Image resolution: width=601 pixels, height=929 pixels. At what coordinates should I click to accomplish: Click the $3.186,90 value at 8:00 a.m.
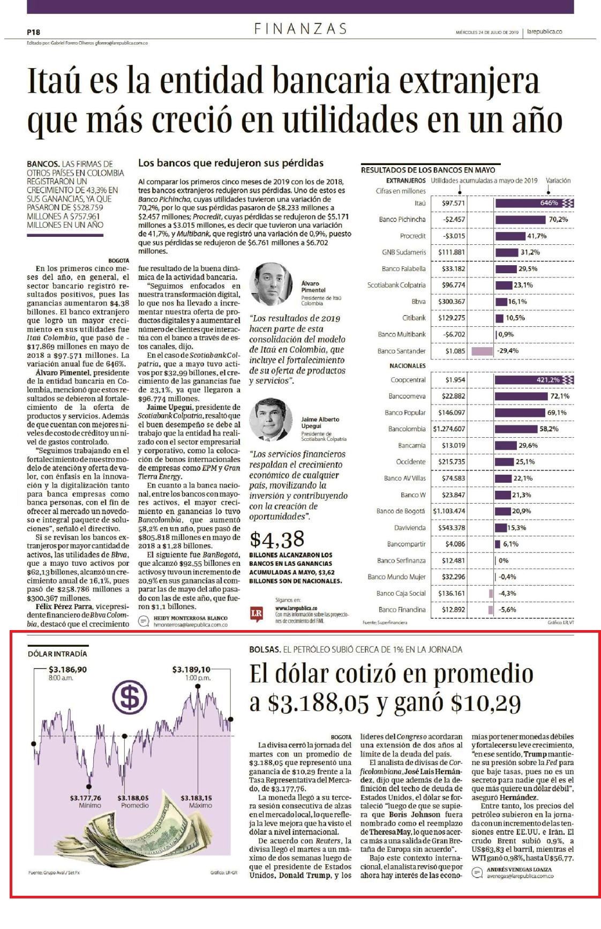[67, 669]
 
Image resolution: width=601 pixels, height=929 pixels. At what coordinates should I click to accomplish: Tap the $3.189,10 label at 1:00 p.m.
[191, 669]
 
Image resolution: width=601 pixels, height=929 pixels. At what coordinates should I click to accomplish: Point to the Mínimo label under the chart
[89, 805]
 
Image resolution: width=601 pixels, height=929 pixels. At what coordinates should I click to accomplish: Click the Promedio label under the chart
[134, 805]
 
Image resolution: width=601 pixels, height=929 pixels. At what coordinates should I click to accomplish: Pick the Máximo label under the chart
[200, 805]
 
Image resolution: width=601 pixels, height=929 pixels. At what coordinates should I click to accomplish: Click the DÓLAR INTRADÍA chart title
[57, 654]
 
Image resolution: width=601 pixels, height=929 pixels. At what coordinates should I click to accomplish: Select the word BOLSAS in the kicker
[265, 649]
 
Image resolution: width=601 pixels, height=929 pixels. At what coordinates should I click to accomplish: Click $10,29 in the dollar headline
[486, 703]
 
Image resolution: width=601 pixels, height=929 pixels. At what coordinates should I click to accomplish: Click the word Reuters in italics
[328, 841]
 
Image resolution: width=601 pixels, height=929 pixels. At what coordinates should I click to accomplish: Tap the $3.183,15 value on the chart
[196, 798]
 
